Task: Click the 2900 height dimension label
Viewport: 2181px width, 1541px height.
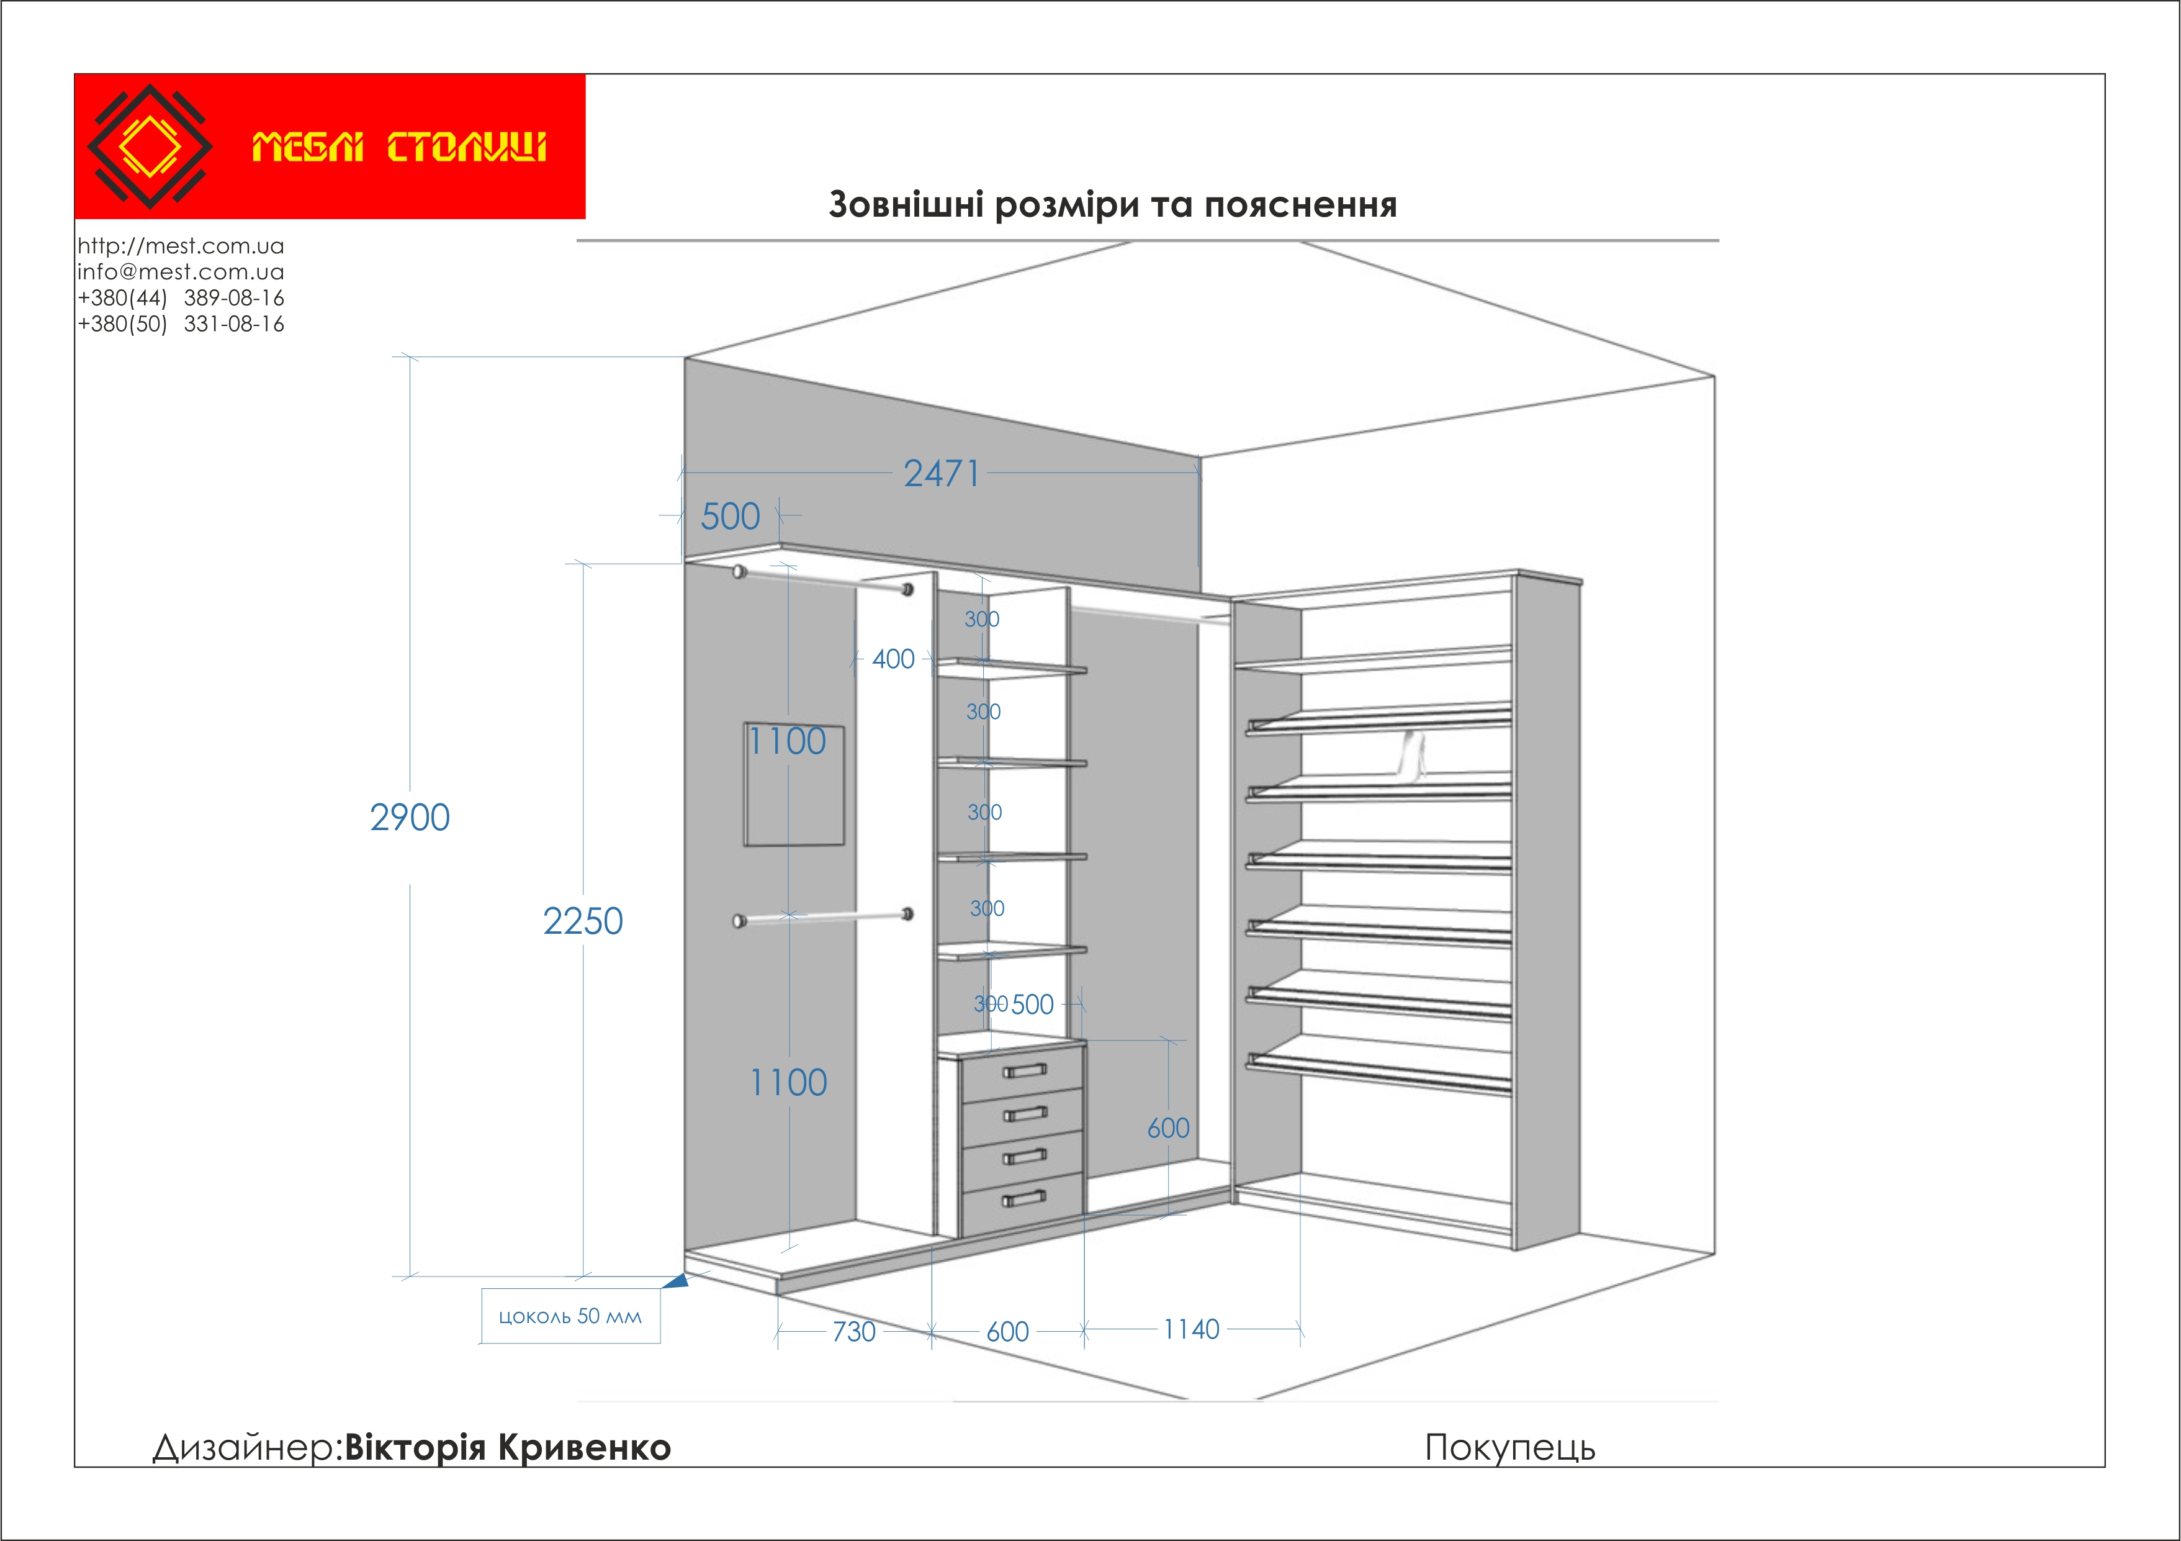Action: point(410,817)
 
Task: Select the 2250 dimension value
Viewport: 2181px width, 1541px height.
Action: point(582,921)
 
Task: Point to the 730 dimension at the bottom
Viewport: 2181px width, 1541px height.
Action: point(853,1331)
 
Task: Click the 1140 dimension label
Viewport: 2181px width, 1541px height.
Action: point(1191,1329)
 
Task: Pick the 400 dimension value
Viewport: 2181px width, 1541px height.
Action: point(893,658)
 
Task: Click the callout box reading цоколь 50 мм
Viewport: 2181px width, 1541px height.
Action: point(570,1316)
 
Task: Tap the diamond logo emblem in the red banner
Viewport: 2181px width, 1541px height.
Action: point(150,147)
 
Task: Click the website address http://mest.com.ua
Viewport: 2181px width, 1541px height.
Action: point(181,246)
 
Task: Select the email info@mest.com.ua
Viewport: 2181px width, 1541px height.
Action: point(181,272)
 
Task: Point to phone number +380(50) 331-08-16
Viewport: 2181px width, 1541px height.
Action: point(181,324)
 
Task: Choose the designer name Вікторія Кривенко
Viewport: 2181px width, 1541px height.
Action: point(507,1447)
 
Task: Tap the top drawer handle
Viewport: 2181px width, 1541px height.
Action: point(1024,1071)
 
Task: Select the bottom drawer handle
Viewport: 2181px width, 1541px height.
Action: point(1024,1198)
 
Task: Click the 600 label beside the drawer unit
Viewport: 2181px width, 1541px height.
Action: point(1167,1128)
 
